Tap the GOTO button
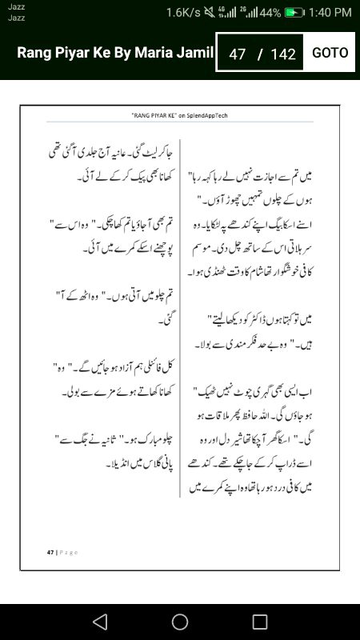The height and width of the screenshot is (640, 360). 330,53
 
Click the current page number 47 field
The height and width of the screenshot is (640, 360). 237,54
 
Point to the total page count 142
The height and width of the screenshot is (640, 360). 283,54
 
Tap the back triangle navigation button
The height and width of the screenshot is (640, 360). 99,622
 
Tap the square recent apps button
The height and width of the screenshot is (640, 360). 259,622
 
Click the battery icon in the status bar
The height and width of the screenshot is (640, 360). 295,13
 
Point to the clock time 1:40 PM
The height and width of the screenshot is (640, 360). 330,13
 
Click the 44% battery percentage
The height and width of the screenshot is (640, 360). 270,13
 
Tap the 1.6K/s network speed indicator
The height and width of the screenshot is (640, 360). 183,13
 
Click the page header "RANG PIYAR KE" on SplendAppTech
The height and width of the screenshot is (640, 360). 179,115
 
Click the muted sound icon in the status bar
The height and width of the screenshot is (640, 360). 209,13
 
